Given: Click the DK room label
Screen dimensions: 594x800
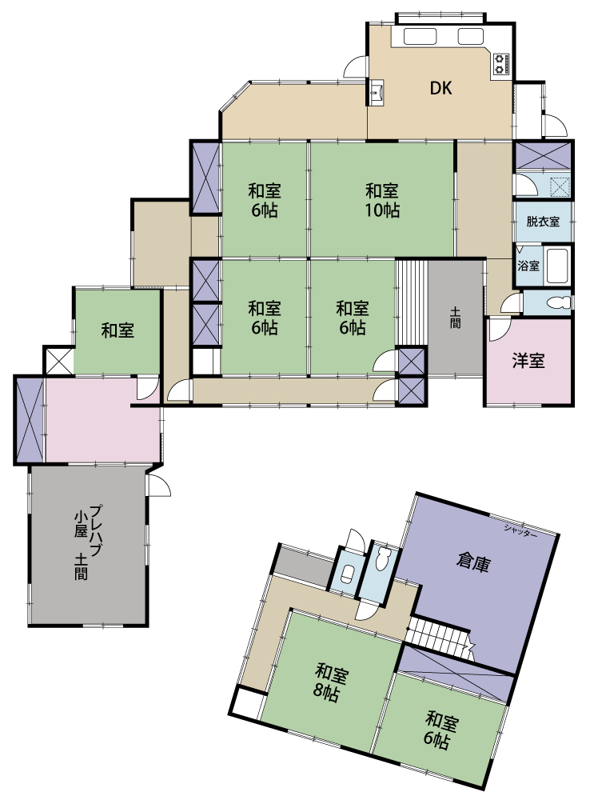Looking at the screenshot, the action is [441, 88].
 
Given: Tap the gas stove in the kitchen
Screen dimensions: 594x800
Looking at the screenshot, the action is [500, 65].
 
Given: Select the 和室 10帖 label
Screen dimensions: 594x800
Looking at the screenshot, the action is [382, 201].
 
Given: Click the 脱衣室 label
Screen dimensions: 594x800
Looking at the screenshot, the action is [543, 222].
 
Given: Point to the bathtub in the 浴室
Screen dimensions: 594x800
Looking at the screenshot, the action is [556, 266].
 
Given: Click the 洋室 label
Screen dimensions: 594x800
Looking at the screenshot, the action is [528, 361].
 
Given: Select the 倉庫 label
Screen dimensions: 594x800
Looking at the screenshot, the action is [473, 562].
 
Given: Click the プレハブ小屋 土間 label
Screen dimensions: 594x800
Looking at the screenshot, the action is [88, 542].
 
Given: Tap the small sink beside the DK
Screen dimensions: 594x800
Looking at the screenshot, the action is [377, 93].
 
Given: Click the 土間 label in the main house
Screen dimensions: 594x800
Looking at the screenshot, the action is [455, 317].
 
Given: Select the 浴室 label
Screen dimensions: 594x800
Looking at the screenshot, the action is [528, 266].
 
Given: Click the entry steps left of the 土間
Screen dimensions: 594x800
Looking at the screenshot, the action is [412, 303].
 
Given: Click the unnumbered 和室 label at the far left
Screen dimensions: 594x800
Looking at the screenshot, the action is [118, 330].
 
